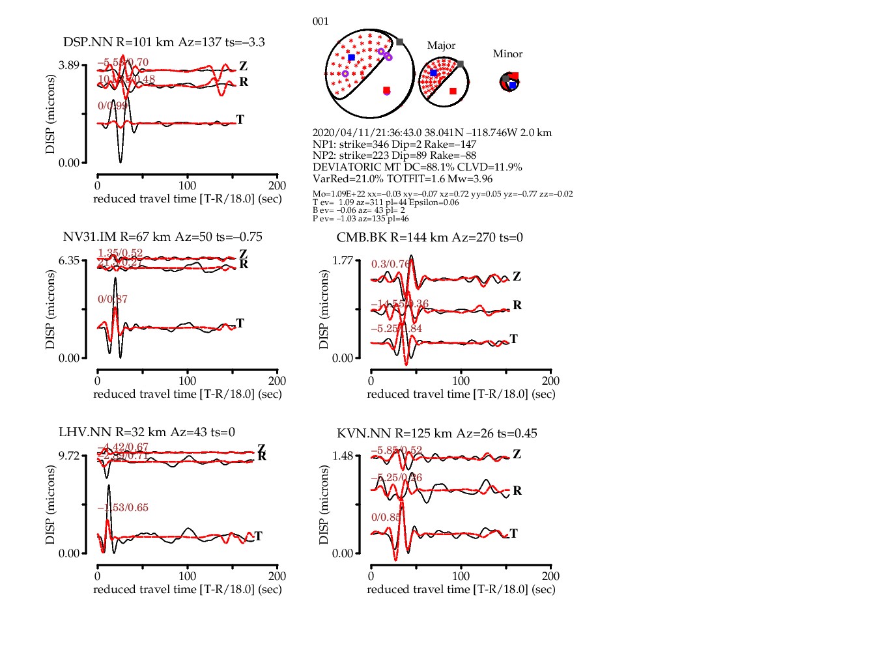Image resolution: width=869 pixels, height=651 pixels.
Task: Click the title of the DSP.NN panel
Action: pyautogui.click(x=164, y=42)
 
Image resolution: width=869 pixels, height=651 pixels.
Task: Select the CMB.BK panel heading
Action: pyautogui.click(x=429, y=238)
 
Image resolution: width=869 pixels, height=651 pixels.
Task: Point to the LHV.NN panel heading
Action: pyautogui.click(x=147, y=432)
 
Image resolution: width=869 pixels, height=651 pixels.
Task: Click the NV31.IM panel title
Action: pyautogui.click(x=162, y=237)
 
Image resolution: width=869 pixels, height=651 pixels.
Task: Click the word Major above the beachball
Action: pyautogui.click(x=441, y=46)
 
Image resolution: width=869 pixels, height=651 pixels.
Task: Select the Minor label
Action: pyautogui.click(x=507, y=54)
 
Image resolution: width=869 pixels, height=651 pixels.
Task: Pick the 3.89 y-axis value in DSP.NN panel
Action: pyautogui.click(x=68, y=65)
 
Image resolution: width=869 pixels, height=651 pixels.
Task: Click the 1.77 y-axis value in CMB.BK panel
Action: pyautogui.click(x=342, y=260)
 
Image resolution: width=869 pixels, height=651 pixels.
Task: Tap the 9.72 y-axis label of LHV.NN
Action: pyautogui.click(x=68, y=456)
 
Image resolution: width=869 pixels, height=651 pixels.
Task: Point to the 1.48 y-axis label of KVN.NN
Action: pyautogui.click(x=342, y=456)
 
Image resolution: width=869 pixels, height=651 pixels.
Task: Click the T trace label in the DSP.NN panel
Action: pyautogui.click(x=240, y=120)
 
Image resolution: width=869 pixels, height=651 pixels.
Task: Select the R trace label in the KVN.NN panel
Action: pyautogui.click(x=517, y=491)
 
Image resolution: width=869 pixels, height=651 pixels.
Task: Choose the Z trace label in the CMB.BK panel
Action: pyautogui.click(x=517, y=277)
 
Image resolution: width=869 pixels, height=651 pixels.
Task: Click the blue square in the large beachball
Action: pyautogui.click(x=352, y=58)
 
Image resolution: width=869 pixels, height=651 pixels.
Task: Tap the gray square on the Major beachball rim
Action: pyautogui.click(x=461, y=64)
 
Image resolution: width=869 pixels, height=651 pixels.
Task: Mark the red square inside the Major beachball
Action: pyautogui.click(x=453, y=91)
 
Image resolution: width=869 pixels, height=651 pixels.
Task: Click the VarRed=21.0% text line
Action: pyautogui.click(x=402, y=179)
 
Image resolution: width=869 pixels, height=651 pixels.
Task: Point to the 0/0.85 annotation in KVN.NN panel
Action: pyautogui.click(x=386, y=518)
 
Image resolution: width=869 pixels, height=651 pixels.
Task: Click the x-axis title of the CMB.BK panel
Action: pyautogui.click(x=461, y=395)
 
